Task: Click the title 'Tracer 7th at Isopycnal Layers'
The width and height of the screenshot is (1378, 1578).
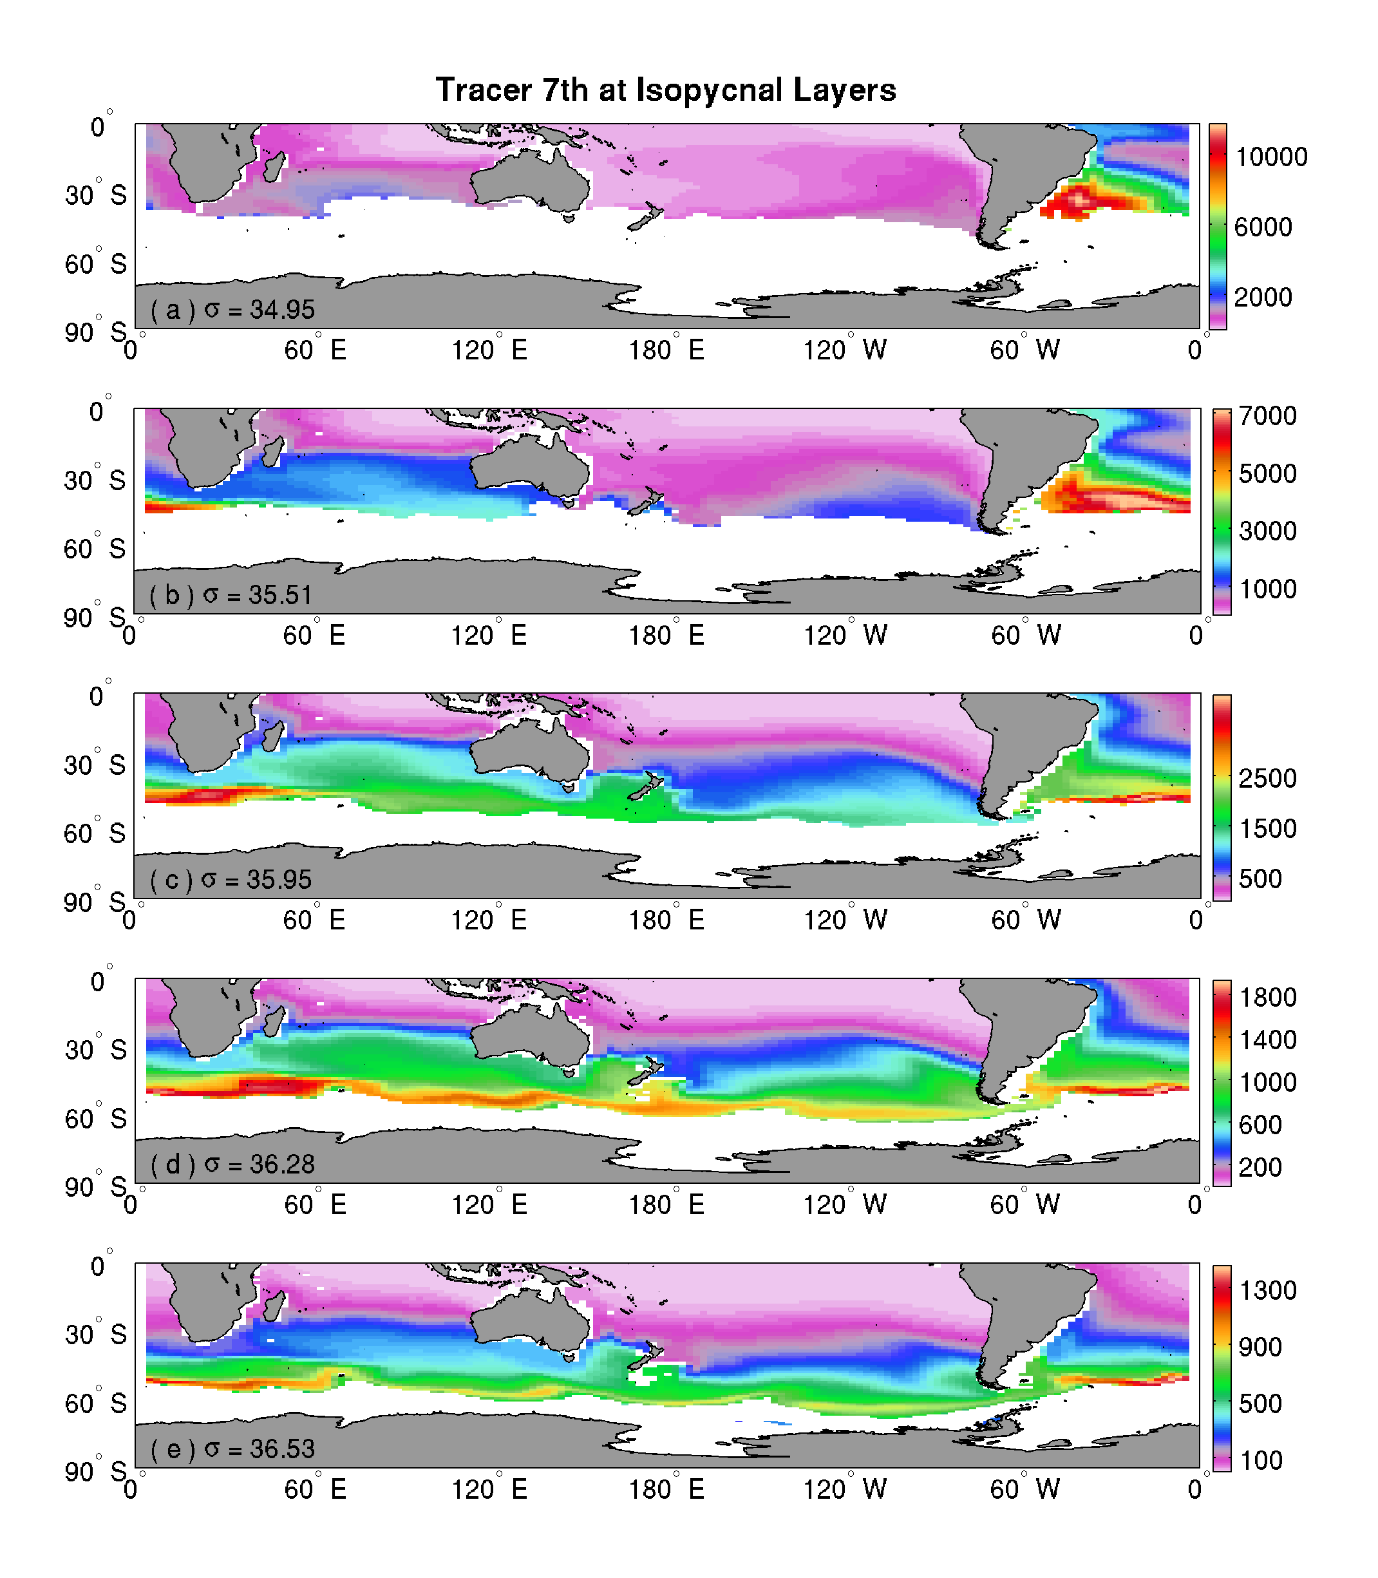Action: click(665, 90)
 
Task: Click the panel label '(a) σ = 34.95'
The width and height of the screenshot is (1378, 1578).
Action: click(232, 310)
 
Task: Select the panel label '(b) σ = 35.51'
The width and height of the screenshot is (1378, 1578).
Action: click(231, 595)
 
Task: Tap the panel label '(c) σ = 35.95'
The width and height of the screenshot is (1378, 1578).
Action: click(231, 880)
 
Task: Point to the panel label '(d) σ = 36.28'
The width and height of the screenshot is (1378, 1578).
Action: click(232, 1164)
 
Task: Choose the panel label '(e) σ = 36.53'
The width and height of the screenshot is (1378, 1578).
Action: click(232, 1449)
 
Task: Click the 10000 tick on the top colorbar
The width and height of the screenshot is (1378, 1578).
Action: click(1270, 157)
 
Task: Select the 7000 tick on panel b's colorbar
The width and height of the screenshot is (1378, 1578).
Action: click(1267, 416)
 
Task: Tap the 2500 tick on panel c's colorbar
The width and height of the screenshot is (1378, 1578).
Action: click(1267, 778)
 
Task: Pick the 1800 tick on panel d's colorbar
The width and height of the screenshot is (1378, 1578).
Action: click(1267, 998)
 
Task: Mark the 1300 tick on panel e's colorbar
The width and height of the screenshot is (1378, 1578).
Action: click(1267, 1289)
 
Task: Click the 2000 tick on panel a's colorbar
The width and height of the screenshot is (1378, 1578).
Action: click(1263, 297)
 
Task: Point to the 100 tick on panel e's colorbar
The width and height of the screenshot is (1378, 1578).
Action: click(1261, 1460)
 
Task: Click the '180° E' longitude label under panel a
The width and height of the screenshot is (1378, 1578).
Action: click(666, 350)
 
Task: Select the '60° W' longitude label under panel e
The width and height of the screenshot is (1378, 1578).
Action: click(1024, 1490)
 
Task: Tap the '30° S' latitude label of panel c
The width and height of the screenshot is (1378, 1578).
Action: click(95, 765)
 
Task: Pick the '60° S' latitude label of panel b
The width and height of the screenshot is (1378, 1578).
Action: click(95, 549)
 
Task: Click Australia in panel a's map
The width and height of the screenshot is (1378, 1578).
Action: click(531, 181)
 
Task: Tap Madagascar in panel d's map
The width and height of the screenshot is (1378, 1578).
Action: click(273, 1020)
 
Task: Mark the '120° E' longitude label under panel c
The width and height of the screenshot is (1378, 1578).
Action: click(488, 920)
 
